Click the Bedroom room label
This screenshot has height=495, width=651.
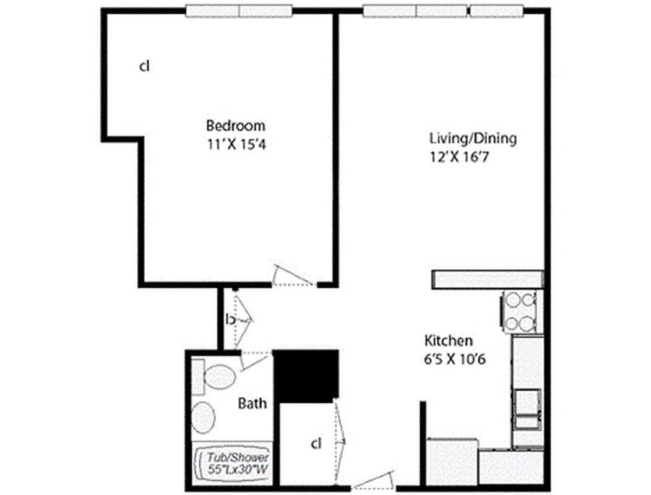tap(235, 126)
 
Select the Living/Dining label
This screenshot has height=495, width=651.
tap(473, 138)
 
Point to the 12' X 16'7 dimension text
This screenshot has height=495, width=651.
tap(456, 157)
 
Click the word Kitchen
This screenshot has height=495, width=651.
tap(449, 340)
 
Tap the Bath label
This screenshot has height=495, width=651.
tap(253, 403)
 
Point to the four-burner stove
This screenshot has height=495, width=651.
tap(519, 311)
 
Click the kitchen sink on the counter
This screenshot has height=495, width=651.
tap(527, 408)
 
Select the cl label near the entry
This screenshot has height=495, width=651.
tap(316, 444)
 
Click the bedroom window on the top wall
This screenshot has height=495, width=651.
tap(239, 11)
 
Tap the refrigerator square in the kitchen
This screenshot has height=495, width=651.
tap(452, 461)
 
